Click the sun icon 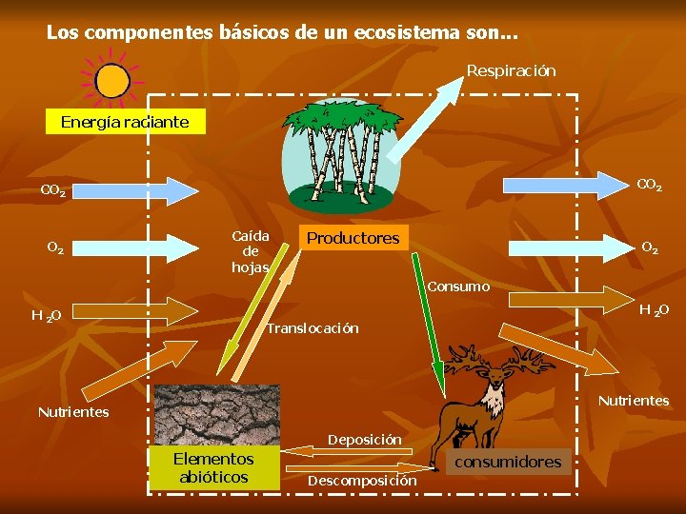(112, 81)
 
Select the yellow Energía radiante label (125, 122)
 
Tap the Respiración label (511, 71)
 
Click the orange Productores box (353, 238)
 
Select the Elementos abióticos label (213, 467)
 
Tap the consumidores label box (509, 462)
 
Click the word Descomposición (362, 481)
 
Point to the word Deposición (365, 440)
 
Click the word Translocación (313, 328)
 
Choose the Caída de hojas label (251, 251)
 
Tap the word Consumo (458, 287)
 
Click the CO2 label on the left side (53, 191)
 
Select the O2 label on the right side (649, 247)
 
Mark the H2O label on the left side (46, 315)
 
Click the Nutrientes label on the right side (634, 401)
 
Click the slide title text (282, 32)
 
